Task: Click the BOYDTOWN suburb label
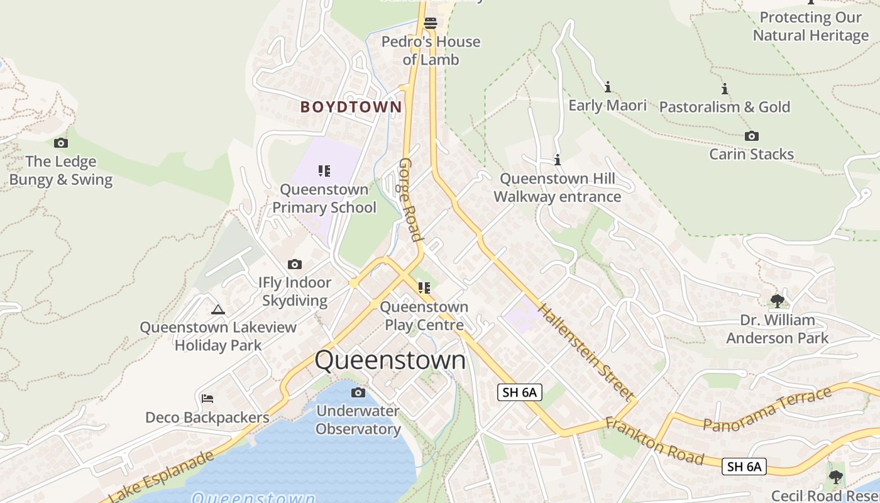351,107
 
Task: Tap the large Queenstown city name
390,360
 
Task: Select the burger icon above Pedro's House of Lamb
431,23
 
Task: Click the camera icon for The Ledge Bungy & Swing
61,143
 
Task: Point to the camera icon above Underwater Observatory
358,393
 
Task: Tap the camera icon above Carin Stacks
751,136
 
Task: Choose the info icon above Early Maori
607,87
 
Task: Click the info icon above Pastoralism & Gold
724,89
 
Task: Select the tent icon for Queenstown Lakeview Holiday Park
218,309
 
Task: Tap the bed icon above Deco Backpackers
207,399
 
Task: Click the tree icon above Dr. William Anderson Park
778,301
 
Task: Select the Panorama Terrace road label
767,410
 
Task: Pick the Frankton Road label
654,440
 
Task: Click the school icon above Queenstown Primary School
324,170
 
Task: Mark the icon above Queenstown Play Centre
424,288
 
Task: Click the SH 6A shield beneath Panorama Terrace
744,466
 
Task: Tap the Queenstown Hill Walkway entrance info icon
557,160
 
